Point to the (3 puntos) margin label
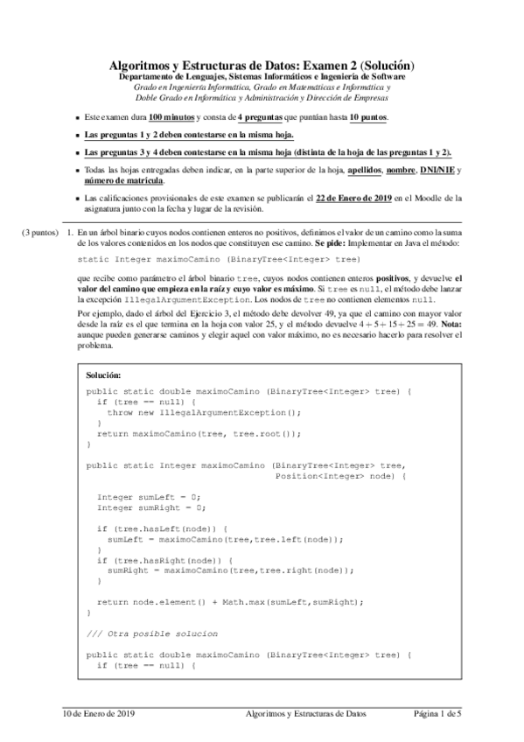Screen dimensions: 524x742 (x=40, y=233)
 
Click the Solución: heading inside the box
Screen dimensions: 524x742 (x=109, y=374)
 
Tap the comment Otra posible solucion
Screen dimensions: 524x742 (x=164, y=633)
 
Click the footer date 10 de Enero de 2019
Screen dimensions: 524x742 (x=98, y=715)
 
